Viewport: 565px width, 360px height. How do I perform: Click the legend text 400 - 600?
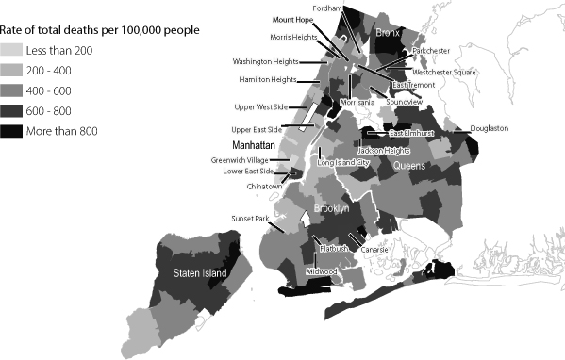(x=57, y=90)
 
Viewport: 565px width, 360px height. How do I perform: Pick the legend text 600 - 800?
(x=57, y=109)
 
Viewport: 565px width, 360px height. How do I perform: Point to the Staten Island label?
(x=200, y=273)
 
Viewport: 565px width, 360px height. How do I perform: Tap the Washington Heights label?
(x=265, y=61)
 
